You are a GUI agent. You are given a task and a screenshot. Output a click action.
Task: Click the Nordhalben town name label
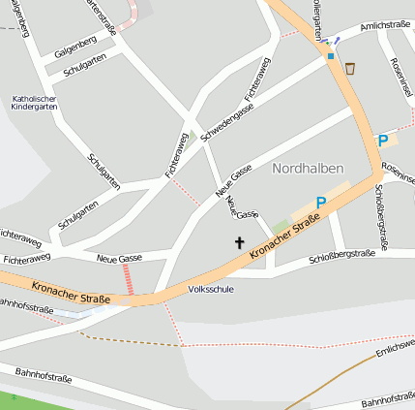click(308, 168)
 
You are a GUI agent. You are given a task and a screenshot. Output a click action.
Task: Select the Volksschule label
click(211, 289)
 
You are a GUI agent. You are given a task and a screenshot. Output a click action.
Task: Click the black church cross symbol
click(239, 242)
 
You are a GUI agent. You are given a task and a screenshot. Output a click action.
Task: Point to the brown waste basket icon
click(349, 68)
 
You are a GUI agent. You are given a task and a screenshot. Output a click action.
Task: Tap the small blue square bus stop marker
click(330, 56)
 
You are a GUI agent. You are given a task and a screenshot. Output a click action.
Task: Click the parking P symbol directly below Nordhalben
click(321, 203)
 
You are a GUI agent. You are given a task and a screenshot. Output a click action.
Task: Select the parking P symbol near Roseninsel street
click(382, 142)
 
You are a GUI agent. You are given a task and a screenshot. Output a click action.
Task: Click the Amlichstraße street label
click(384, 27)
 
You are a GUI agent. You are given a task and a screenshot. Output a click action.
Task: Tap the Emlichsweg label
click(396, 348)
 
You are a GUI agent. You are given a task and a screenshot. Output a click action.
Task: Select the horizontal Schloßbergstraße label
click(341, 257)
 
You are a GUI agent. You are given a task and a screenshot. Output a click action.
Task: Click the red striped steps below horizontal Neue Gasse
click(128, 280)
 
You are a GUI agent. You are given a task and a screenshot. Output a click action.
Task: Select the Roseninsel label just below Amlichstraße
click(400, 75)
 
